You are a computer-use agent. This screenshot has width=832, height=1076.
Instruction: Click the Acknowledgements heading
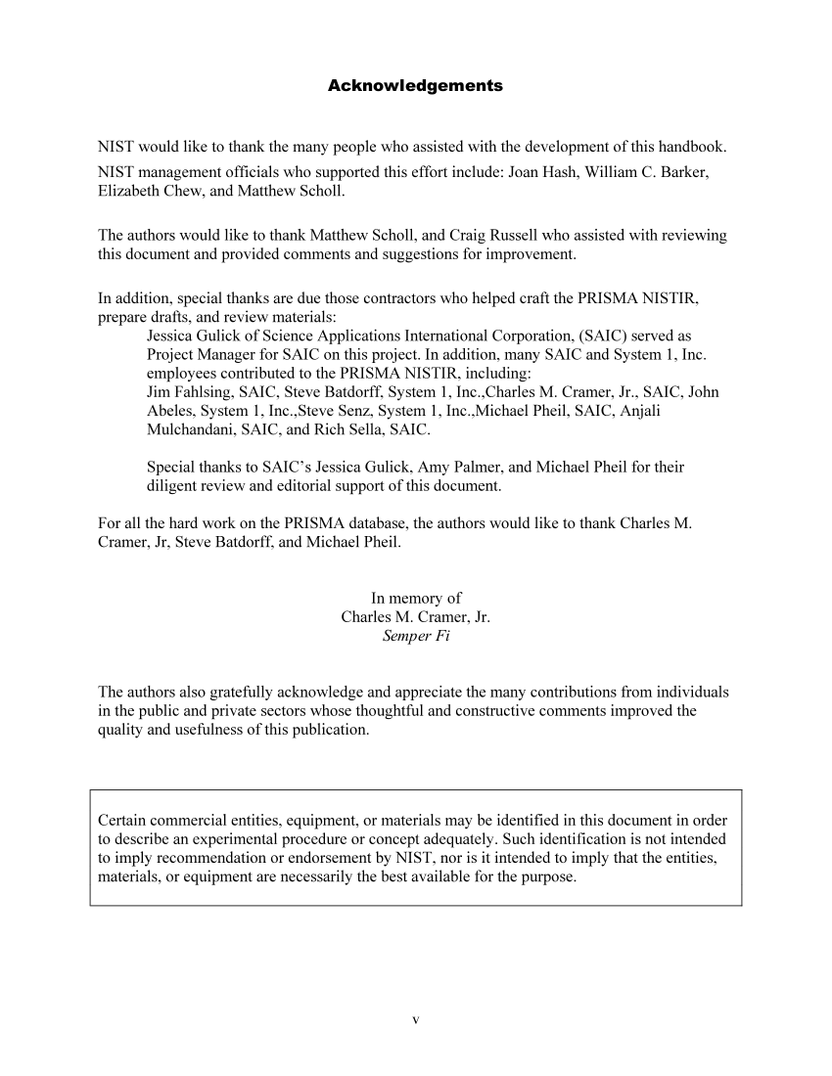pyautogui.click(x=415, y=86)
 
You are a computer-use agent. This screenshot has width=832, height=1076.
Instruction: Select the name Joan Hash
pyautogui.click(x=543, y=172)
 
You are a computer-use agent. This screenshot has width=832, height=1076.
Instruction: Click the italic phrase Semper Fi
pyautogui.click(x=415, y=637)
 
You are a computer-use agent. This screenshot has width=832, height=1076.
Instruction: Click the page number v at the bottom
pyautogui.click(x=416, y=1020)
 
